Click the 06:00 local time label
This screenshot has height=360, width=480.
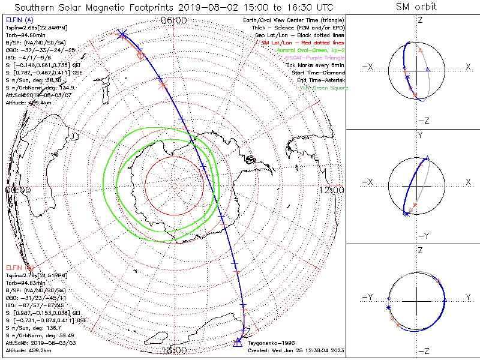pyautogui.click(x=175, y=20)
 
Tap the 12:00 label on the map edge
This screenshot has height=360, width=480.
pyautogui.click(x=332, y=190)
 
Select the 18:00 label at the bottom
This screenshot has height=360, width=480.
pyautogui.click(x=175, y=350)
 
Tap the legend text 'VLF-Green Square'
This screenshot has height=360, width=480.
pyautogui.click(x=323, y=88)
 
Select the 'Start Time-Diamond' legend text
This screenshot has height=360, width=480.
pyautogui.click(x=319, y=73)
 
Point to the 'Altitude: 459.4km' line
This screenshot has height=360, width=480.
pyautogui.click(x=30, y=103)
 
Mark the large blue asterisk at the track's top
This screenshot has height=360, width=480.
pyautogui.click(x=122, y=34)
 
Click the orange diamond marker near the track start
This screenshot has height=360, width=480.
pyautogui.click(x=141, y=55)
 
